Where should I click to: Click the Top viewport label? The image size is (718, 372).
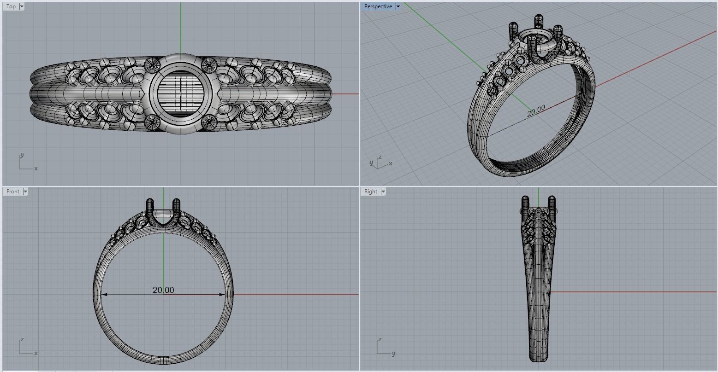[x=11, y=6]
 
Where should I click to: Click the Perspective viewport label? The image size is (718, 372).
[x=378, y=6]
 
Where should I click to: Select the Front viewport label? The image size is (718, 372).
[x=13, y=192]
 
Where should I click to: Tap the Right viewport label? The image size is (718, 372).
[x=370, y=192]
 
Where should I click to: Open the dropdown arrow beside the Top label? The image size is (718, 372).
[x=22, y=6]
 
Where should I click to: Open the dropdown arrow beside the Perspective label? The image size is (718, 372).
[x=398, y=6]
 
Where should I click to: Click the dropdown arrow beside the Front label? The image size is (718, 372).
[x=25, y=192]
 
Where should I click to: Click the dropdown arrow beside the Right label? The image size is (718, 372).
[x=383, y=192]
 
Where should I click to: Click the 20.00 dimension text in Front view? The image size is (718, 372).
[x=163, y=290]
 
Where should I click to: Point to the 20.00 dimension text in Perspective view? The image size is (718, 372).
[x=536, y=110]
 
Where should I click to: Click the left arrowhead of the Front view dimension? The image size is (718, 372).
[x=104, y=294]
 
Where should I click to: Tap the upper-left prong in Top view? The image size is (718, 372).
[x=152, y=64]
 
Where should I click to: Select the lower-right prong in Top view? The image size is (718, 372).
[x=209, y=122]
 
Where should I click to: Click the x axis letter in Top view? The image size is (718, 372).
[x=36, y=169]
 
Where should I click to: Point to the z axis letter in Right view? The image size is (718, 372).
[x=380, y=339]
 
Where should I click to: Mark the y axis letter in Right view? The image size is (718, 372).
[x=393, y=354]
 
